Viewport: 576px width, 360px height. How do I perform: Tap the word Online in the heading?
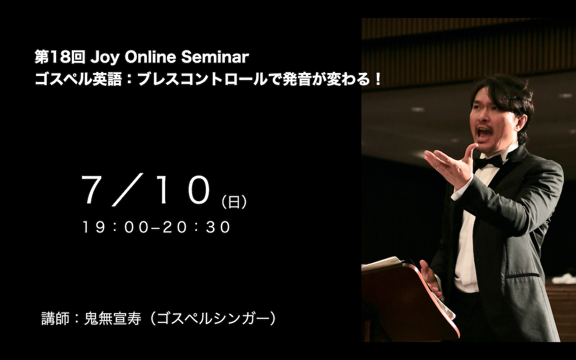pos(150,57)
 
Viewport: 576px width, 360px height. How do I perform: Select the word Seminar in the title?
pos(215,57)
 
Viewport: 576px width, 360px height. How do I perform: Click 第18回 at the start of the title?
pos(60,57)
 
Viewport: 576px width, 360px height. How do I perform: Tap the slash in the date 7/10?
pos(127,190)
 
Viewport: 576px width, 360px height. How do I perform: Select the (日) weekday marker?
pos(234,202)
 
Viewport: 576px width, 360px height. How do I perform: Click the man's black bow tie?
pos(489,162)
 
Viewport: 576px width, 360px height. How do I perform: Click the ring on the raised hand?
pos(437,168)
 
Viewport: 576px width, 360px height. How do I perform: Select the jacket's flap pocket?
pos(522,276)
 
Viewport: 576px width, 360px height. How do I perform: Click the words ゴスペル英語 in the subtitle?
pos(78,80)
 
